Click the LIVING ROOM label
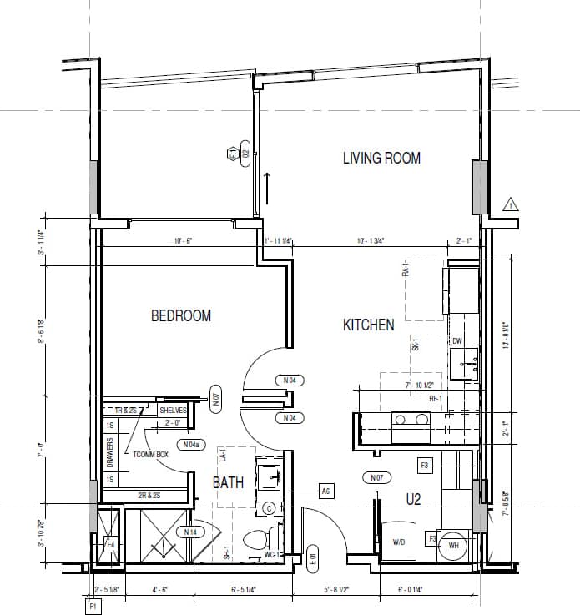click(381, 158)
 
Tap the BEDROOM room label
click(180, 315)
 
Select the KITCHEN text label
click(368, 325)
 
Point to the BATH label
click(228, 482)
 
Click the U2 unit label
click(413, 500)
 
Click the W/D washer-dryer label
click(399, 542)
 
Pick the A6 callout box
click(326, 491)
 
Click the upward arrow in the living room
click(267, 187)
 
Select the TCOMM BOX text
click(151, 455)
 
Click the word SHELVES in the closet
click(174, 410)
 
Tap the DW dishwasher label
click(457, 340)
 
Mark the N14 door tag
click(190, 532)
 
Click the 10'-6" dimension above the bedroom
click(183, 241)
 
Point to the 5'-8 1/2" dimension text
click(335, 590)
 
